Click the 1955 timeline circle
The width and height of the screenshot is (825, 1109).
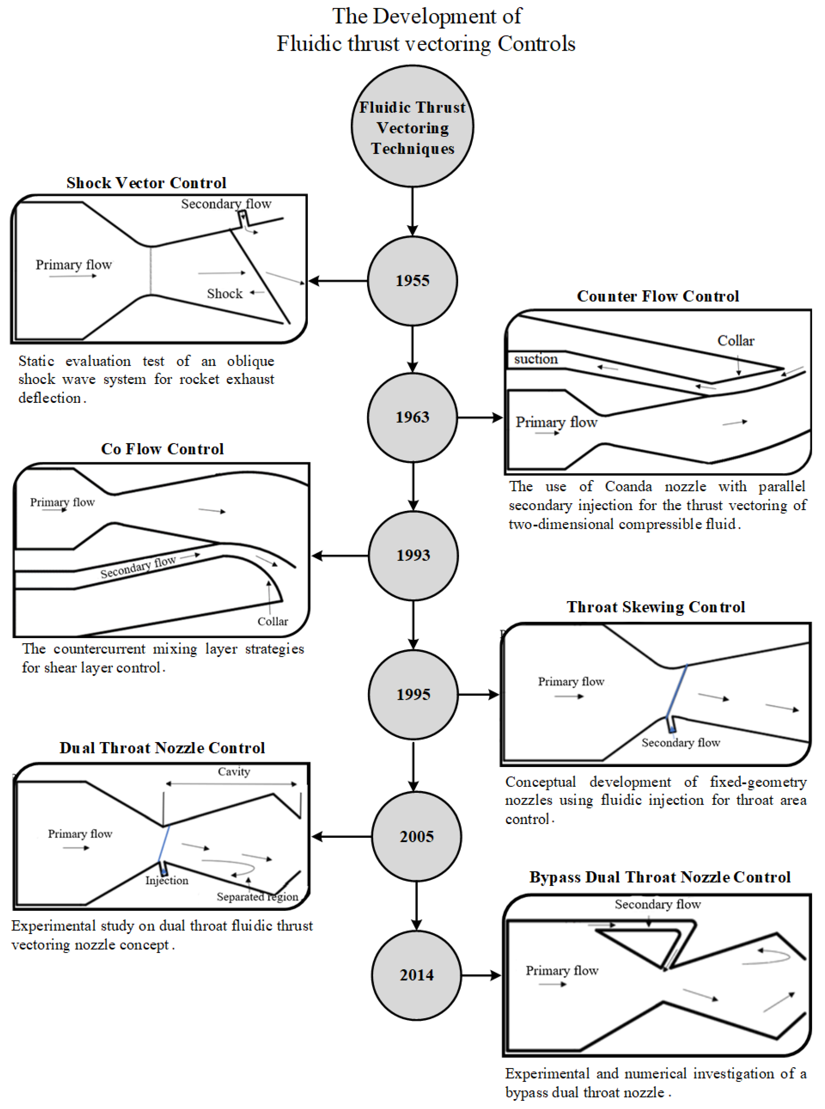pos(412,281)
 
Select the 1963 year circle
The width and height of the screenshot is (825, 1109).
pos(412,417)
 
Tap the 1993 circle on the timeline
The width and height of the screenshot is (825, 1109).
pos(413,555)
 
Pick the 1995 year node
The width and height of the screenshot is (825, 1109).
pos(413,694)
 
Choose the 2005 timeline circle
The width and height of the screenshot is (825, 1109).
pos(417,836)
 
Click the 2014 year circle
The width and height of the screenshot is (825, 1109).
pos(417,975)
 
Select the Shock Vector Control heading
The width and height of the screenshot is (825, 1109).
pos(146,183)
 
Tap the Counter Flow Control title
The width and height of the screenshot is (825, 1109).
pos(658,296)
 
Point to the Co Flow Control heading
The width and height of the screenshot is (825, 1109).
pos(162,449)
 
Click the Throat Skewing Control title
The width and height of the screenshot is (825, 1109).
pos(656,607)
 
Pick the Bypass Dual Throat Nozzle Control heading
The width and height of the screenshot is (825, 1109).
pos(660,877)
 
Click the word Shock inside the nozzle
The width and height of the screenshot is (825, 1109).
pos(225,293)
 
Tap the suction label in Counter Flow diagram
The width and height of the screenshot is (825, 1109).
pos(536,359)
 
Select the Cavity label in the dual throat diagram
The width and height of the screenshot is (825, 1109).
pos(234,772)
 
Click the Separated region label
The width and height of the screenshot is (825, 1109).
pos(257,897)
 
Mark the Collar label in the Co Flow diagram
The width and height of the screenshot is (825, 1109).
pos(273,621)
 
